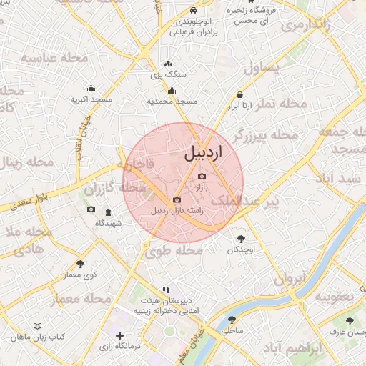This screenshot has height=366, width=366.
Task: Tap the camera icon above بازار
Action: [x=202, y=176]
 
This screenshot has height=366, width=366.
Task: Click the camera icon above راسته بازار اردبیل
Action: [x=177, y=200]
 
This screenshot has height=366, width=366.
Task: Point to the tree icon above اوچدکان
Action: [x=240, y=239]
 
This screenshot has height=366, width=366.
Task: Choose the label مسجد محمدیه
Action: [x=172, y=102]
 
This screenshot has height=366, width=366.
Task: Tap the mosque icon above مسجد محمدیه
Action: [x=172, y=91]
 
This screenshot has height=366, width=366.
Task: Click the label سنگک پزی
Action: [x=169, y=74]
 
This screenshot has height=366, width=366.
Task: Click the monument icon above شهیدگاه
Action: [x=109, y=212]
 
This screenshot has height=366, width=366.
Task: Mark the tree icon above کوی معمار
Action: [x=79, y=264]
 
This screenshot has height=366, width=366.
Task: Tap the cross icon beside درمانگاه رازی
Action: [x=119, y=335]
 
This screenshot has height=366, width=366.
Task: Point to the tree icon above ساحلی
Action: [x=231, y=320]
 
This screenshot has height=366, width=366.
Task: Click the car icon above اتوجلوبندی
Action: [x=194, y=11]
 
